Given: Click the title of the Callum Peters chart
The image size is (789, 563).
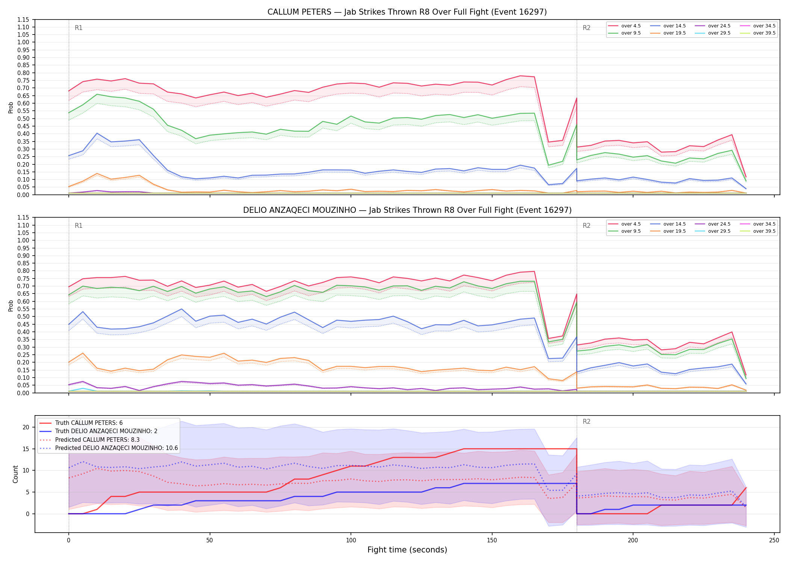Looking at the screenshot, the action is [407, 12].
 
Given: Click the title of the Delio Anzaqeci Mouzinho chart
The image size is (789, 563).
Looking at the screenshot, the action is [407, 210].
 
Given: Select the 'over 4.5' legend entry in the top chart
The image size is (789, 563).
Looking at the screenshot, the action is [624, 26].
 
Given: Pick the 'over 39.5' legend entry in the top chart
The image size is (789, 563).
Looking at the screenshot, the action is [758, 33].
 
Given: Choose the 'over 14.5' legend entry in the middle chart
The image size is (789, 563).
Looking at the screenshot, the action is [668, 224].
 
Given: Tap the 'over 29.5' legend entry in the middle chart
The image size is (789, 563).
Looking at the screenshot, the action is [713, 231].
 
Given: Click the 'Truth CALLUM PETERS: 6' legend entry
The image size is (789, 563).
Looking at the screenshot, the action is [81, 423].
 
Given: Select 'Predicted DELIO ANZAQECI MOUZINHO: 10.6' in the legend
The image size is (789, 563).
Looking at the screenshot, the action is [108, 448].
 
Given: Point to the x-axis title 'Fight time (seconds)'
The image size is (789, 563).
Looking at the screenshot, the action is [407, 550].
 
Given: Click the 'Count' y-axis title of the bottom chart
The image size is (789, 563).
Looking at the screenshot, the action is [15, 474].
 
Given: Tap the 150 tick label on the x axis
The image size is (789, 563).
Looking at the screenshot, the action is [492, 540].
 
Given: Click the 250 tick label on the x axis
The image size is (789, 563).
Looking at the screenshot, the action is [774, 540].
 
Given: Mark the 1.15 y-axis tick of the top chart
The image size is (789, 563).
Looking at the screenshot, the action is [24, 20].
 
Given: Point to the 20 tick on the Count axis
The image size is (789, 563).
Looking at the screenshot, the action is [26, 427].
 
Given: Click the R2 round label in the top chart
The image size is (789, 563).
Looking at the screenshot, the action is [586, 28].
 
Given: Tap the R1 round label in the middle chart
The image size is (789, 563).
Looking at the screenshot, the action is [79, 226].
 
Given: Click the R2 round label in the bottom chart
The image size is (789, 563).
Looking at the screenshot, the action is [586, 421].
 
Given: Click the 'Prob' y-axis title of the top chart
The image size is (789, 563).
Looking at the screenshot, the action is [11, 107].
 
